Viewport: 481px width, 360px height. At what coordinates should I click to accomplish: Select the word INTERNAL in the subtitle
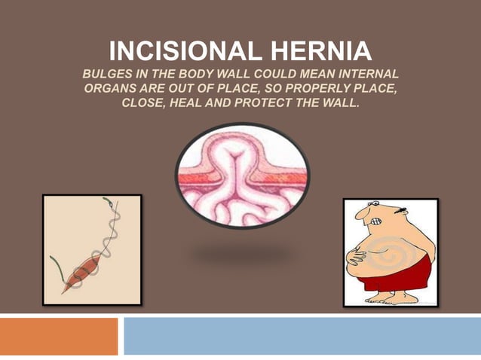369,75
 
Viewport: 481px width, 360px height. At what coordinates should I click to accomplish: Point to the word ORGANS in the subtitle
107,89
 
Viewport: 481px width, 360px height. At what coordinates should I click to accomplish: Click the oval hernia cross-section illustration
241,175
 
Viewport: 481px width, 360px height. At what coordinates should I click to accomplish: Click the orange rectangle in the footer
59,336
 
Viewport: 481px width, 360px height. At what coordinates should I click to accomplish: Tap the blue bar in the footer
302,336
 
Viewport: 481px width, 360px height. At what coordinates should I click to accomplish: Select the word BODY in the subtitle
195,75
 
